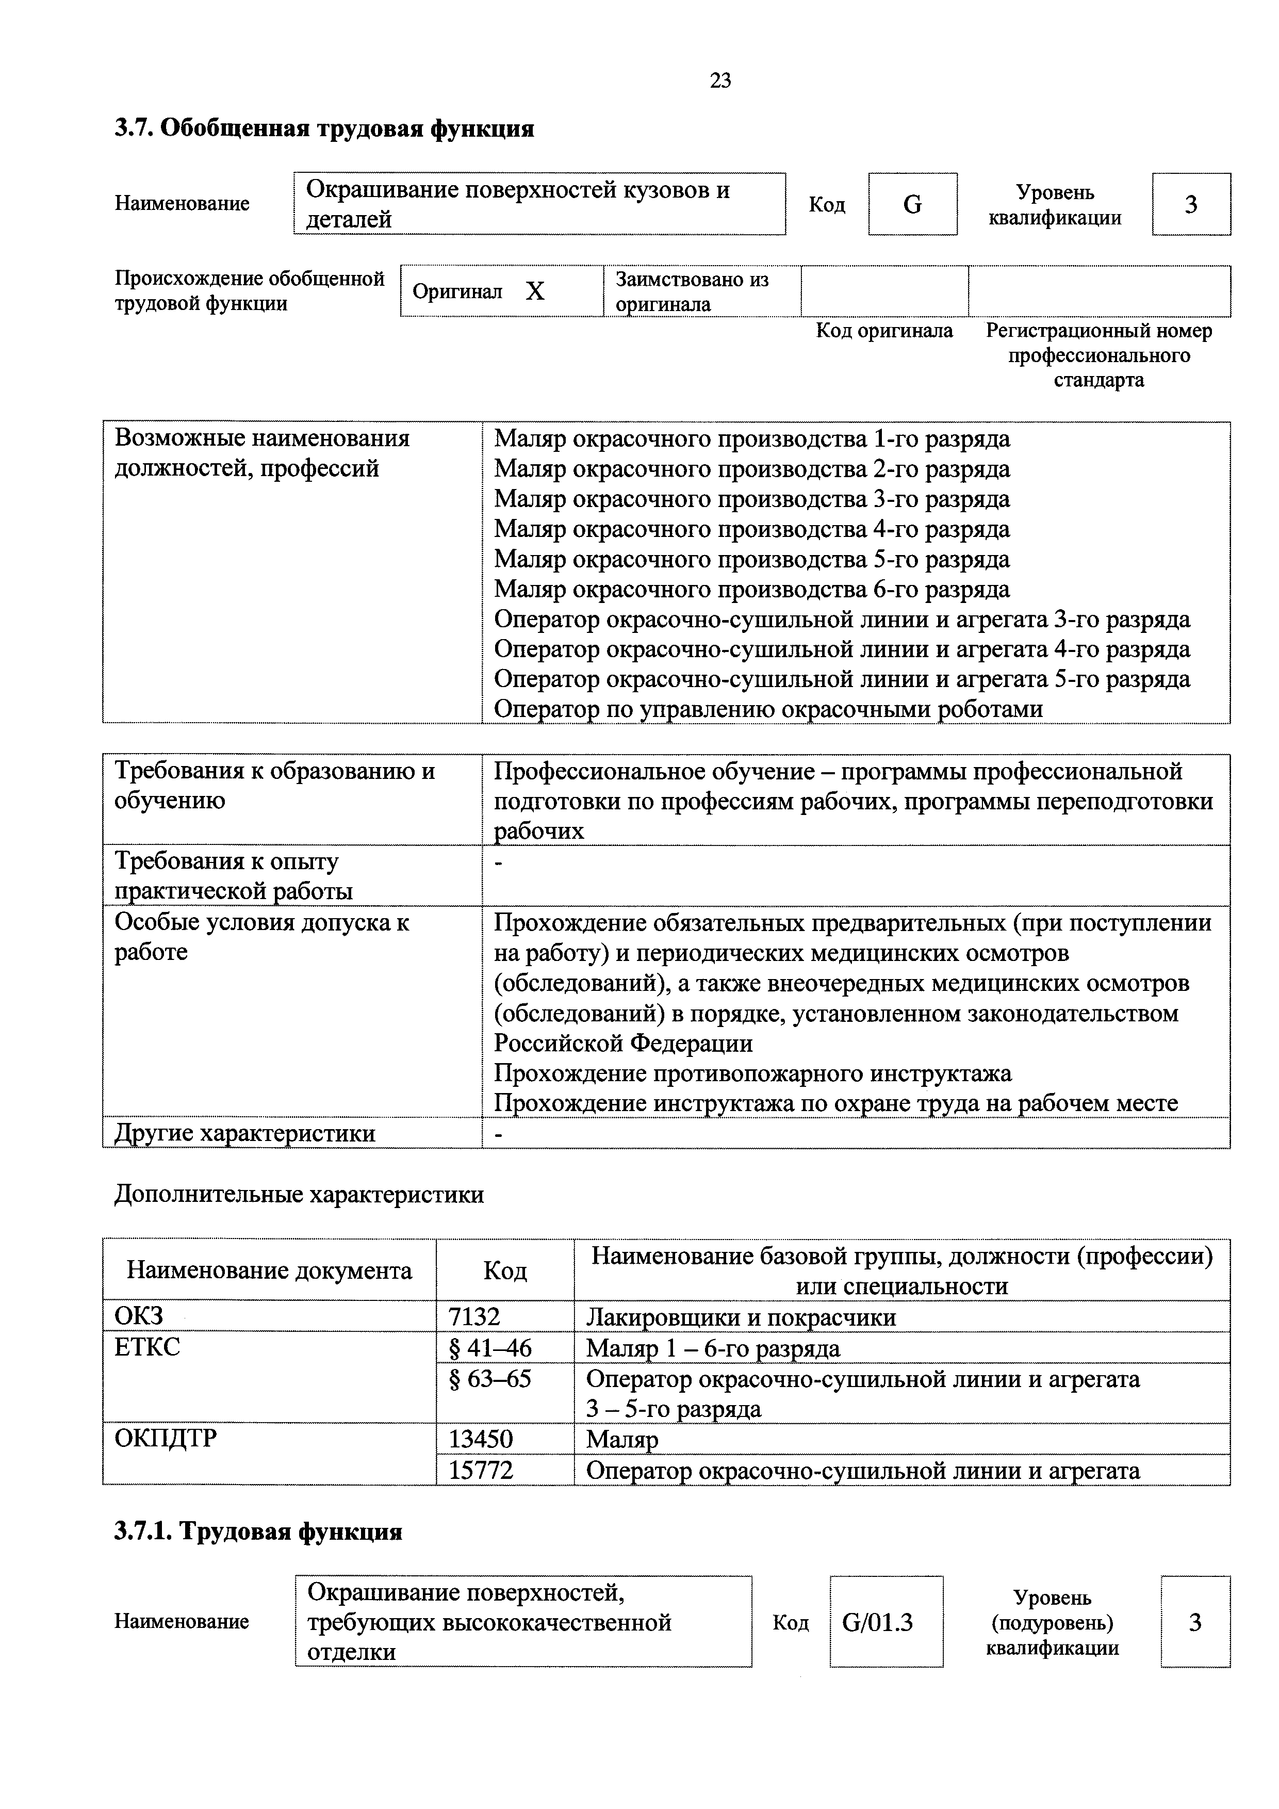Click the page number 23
(720, 80)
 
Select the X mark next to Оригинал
(535, 291)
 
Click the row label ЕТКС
(147, 1348)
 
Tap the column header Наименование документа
(269, 1271)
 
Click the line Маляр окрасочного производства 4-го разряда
(751, 529)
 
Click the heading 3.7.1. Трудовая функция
(258, 1531)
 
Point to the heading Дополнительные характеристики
(299, 1195)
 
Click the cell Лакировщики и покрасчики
(740, 1317)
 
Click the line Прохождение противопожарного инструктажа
(752, 1073)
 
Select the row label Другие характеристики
(245, 1133)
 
